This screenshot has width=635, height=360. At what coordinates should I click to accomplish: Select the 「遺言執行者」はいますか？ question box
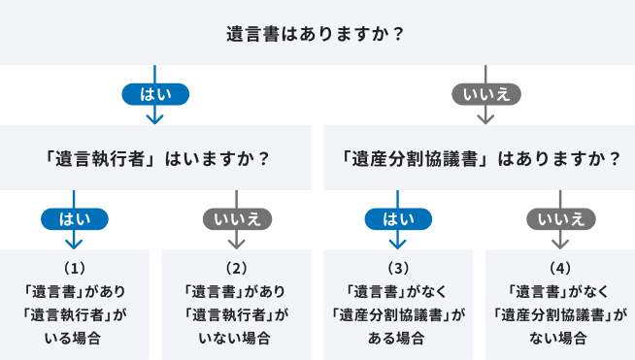(155, 157)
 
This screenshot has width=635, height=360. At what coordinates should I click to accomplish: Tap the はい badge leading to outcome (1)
(75, 218)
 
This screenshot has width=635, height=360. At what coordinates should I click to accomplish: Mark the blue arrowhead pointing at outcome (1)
(75, 243)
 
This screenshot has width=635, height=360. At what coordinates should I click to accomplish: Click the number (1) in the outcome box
(75, 267)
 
